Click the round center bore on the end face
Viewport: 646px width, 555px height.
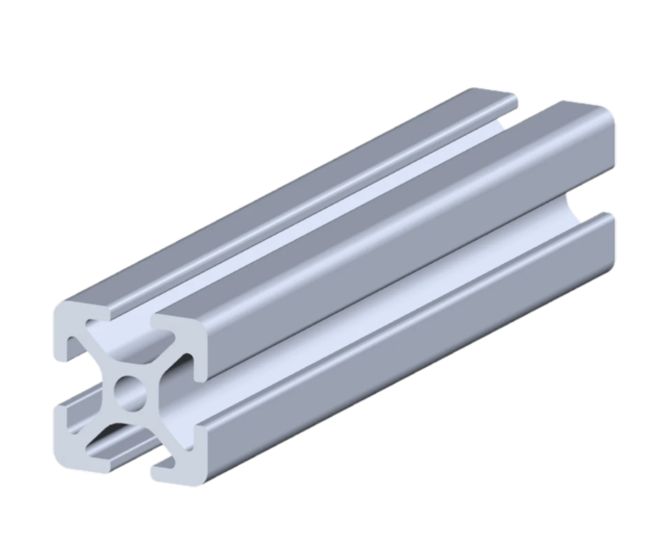click(x=131, y=389)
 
